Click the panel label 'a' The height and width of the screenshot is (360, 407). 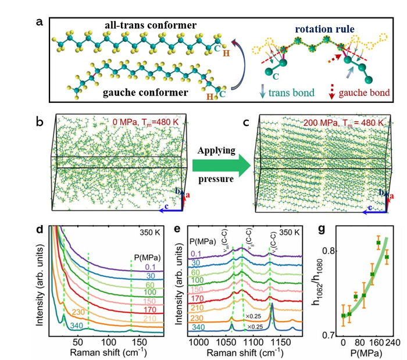(39, 22)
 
